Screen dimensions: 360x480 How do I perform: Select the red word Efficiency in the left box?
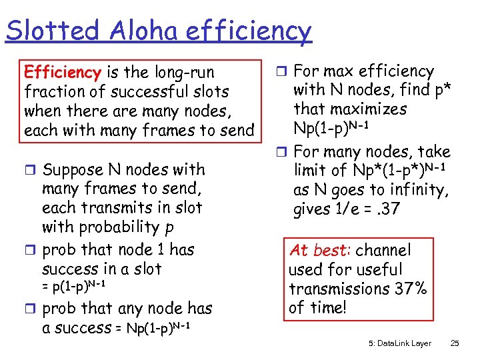(x=61, y=72)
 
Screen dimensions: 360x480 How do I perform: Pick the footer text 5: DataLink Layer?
(x=399, y=343)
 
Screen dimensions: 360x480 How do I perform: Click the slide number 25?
(x=455, y=343)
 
